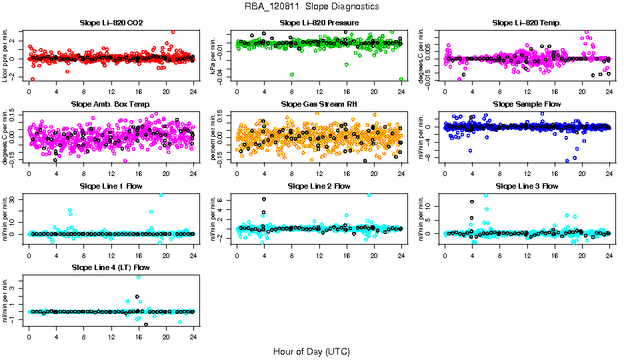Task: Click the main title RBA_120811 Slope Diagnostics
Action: pos(311,7)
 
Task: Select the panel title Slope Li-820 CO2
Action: pos(111,23)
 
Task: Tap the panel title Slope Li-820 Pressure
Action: pos(319,23)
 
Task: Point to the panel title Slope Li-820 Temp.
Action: pos(527,23)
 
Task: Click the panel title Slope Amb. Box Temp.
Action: pos(111,105)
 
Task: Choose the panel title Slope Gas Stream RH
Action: pos(319,105)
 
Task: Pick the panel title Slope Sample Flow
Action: pos(527,105)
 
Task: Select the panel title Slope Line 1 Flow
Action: pos(111,186)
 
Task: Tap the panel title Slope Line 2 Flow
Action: pos(319,186)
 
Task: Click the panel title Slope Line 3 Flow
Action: pos(527,186)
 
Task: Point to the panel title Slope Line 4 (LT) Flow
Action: pos(111,267)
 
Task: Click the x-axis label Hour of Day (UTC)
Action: pos(311,351)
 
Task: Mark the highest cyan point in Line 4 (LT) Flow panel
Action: pos(139,277)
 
